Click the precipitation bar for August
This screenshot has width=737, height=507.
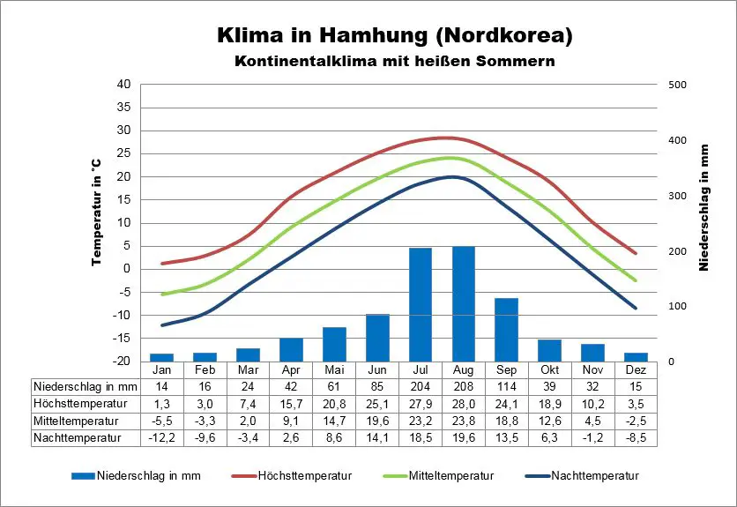pos(463,303)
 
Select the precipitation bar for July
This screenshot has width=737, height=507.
pos(421,304)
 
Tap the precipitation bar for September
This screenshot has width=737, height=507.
pos(506,329)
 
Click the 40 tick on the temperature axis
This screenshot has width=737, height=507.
pos(123,84)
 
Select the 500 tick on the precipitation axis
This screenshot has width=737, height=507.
pos(676,85)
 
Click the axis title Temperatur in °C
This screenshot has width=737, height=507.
pos(97,212)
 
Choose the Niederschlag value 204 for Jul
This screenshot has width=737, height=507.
pos(420,386)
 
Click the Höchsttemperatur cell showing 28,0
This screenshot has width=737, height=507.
pos(463,403)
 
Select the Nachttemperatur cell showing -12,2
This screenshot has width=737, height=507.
pos(161,436)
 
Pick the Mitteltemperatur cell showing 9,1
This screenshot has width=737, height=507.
pos(292,420)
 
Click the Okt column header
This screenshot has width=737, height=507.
pos(548,369)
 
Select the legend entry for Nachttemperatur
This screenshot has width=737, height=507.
pos(592,476)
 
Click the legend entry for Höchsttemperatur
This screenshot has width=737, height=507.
pos(304,476)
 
